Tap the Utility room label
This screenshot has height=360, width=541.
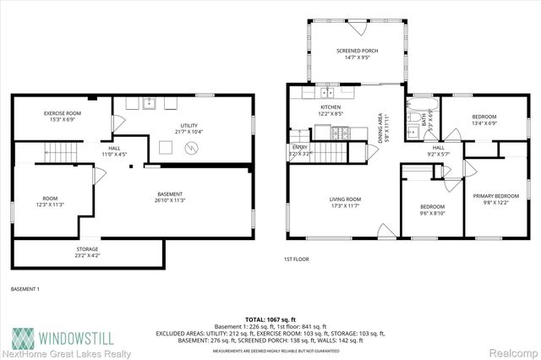click(188, 128)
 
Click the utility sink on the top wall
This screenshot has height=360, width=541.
click(148, 103)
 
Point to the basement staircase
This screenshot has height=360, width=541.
click(60, 153)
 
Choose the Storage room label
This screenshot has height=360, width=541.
click(87, 252)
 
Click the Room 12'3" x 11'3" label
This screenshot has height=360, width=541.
click(52, 201)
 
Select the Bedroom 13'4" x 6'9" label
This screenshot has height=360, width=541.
click(484, 119)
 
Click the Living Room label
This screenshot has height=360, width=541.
click(345, 203)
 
